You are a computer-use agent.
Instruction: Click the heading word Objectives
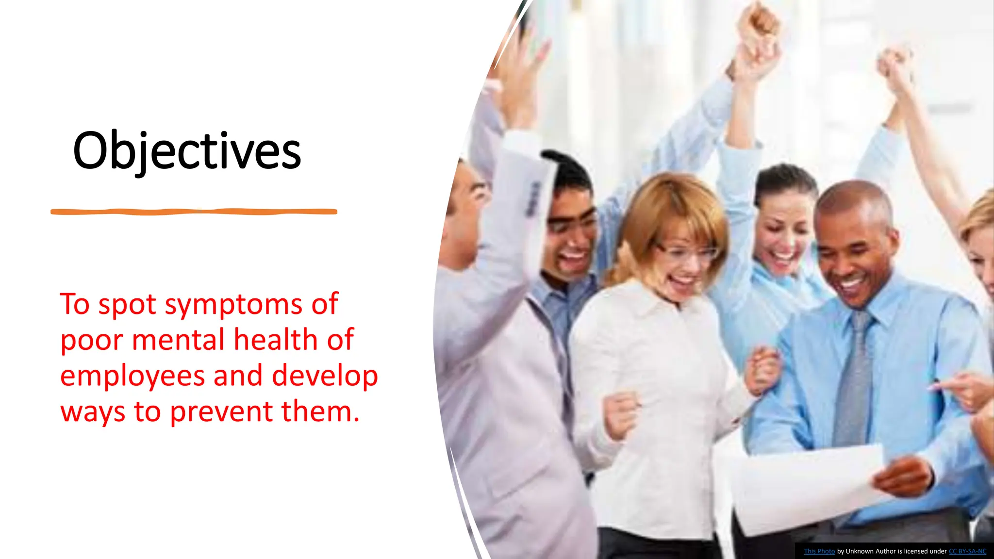pos(187,151)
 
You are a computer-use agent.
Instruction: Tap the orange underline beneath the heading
pos(194,212)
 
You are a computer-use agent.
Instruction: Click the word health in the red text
pos(276,340)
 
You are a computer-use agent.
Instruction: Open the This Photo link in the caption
pos(819,551)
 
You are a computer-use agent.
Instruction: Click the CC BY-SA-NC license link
pos(967,551)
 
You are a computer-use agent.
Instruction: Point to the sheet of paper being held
pos(806,485)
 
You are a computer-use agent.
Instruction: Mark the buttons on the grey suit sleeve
pos(533,199)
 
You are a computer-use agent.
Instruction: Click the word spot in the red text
pos(127,305)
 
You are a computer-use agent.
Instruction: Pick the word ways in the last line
pos(92,412)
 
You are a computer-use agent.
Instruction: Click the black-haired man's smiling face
pos(570,243)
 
